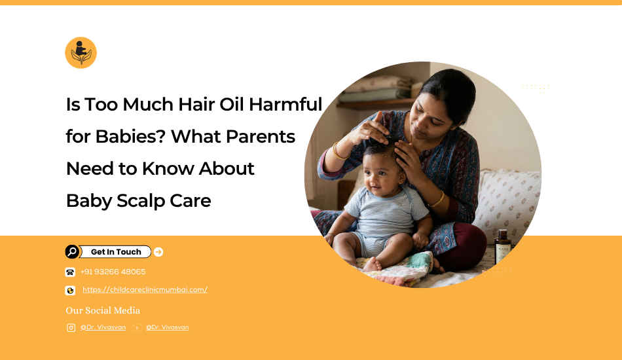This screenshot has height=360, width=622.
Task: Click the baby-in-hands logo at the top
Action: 81,53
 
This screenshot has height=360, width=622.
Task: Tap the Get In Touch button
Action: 115,252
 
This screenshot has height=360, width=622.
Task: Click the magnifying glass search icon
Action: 72,252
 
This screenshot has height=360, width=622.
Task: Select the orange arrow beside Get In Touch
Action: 158,252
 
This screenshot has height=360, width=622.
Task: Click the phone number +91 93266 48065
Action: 113,272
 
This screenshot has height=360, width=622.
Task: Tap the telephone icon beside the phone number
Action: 70,272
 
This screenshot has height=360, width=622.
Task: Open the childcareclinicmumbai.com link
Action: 145,289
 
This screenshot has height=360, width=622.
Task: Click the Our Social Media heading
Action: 103,310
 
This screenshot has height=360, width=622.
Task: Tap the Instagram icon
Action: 71,327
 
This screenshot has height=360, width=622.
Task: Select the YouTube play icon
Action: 137,327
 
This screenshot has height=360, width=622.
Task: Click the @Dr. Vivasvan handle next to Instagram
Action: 103,327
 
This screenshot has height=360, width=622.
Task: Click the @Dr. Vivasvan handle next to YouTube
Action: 168,327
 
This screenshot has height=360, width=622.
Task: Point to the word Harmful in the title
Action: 285,104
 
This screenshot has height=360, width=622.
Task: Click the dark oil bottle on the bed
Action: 503,247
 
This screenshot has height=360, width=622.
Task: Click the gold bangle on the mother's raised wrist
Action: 338,152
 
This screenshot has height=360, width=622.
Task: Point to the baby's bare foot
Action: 372,264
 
